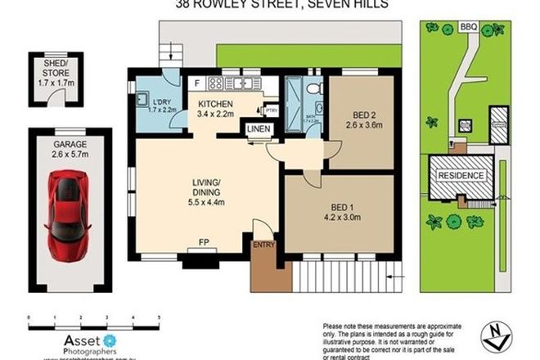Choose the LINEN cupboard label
258,129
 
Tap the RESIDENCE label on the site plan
462,176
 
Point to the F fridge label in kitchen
196,83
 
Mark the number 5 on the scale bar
158,315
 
